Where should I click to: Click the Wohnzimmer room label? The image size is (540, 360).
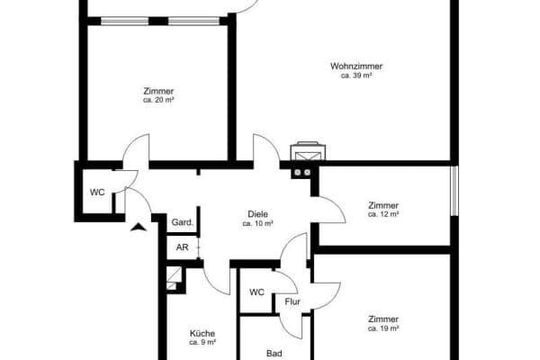click(x=356, y=67)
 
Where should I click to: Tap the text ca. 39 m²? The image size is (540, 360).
click(x=356, y=76)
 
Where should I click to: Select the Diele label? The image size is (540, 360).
click(x=257, y=213)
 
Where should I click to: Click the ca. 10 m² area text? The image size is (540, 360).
click(x=257, y=223)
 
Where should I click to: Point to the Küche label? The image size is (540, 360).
click(x=202, y=332)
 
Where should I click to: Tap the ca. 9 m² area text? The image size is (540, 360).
click(x=202, y=342)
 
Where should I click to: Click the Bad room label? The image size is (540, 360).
click(x=274, y=354)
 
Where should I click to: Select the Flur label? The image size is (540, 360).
click(x=292, y=301)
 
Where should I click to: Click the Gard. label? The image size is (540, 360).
click(x=182, y=222)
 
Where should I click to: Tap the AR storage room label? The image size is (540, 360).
click(x=182, y=247)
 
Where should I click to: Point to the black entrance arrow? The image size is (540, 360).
click(x=137, y=226)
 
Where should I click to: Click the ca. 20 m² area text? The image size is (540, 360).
click(x=158, y=101)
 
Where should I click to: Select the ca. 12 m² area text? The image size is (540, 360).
click(x=383, y=214)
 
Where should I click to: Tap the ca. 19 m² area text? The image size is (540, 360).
click(x=383, y=329)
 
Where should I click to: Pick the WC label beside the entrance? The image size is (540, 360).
click(x=97, y=193)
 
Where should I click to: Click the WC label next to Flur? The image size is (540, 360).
click(x=256, y=292)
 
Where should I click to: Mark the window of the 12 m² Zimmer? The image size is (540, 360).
click(x=454, y=191)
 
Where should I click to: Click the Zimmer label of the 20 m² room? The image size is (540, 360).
click(x=158, y=91)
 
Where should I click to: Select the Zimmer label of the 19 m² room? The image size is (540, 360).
click(x=383, y=319)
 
